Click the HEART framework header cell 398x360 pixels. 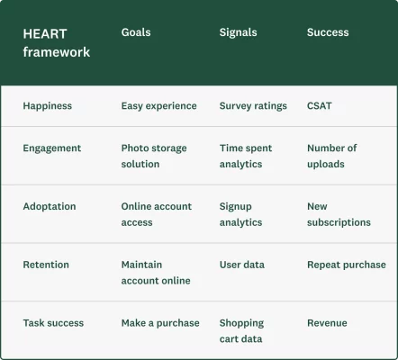click(x=57, y=42)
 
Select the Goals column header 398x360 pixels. click(x=136, y=32)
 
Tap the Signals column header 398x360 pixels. click(x=238, y=32)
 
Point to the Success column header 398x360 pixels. click(x=328, y=32)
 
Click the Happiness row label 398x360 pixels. click(x=47, y=106)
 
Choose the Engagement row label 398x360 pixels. click(x=51, y=148)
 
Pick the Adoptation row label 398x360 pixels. click(x=50, y=207)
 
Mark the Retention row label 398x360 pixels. click(x=46, y=265)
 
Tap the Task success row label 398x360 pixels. click(x=53, y=323)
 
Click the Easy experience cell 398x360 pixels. click(x=158, y=106)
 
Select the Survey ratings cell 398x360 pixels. click(x=253, y=106)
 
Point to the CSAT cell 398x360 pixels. click(x=319, y=106)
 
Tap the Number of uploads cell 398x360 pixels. click(x=331, y=157)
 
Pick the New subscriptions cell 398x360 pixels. click(x=339, y=214)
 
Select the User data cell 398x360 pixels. click(x=242, y=265)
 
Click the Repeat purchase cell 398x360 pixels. click(x=346, y=265)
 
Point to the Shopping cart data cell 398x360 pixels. click(x=241, y=331)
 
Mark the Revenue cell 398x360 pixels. click(x=327, y=323)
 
